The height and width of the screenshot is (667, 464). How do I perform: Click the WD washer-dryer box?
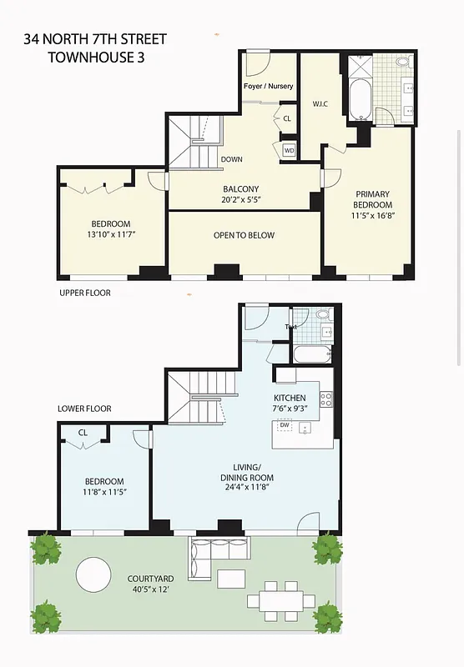pyautogui.click(x=290, y=150)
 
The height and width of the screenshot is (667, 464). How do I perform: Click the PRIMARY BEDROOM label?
pyautogui.click(x=372, y=199)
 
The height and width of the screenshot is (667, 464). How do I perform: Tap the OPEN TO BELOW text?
pyautogui.click(x=244, y=236)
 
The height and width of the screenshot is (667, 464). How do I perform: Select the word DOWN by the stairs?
pyautogui.click(x=232, y=159)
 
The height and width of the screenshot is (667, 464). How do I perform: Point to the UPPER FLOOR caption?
pyautogui.click(x=84, y=293)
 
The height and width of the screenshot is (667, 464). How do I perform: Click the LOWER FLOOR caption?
pyautogui.click(x=84, y=409)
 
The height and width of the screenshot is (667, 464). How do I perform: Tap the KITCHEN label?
pyautogui.click(x=290, y=398)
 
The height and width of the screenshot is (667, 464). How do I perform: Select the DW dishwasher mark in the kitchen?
pyautogui.click(x=285, y=426)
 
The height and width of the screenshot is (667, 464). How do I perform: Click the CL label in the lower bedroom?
pyautogui.click(x=83, y=433)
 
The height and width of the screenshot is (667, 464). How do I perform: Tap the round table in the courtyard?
pyautogui.click(x=93, y=574)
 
